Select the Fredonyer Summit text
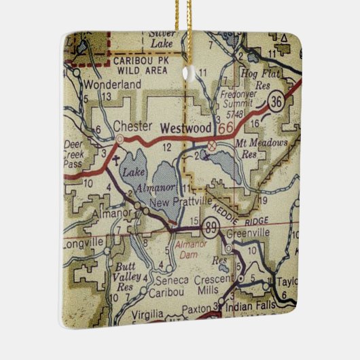242,103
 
